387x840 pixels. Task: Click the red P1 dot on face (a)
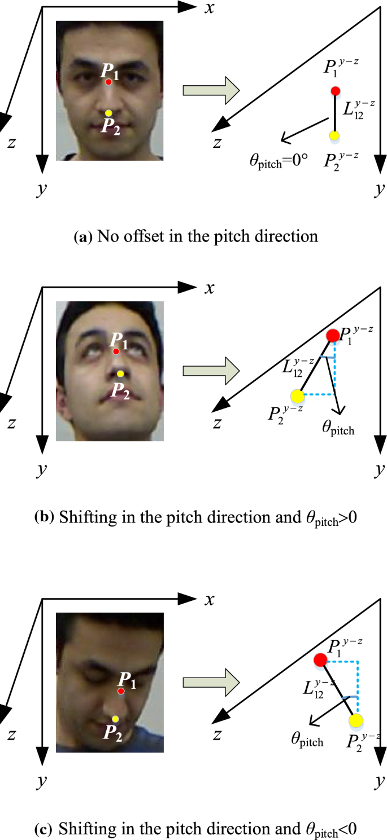pyautogui.click(x=108, y=82)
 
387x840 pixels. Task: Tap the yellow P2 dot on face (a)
pyautogui.click(x=108, y=113)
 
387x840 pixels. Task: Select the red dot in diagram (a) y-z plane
pyautogui.click(x=336, y=91)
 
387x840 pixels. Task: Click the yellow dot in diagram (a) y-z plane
pyautogui.click(x=334, y=136)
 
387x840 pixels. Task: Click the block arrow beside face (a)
pyautogui.click(x=211, y=91)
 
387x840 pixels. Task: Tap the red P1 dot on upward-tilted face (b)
pyautogui.click(x=116, y=351)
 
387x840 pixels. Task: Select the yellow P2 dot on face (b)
pyautogui.click(x=120, y=373)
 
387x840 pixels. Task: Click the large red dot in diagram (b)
pyautogui.click(x=333, y=336)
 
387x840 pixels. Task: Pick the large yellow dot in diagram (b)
pyautogui.click(x=297, y=395)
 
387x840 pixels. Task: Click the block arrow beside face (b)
pyautogui.click(x=211, y=371)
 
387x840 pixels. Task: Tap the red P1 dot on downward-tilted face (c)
pyautogui.click(x=121, y=691)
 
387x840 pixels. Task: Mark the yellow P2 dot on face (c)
pyautogui.click(x=115, y=719)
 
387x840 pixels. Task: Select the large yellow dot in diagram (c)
pyautogui.click(x=356, y=720)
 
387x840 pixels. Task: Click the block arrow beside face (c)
pyautogui.click(x=211, y=680)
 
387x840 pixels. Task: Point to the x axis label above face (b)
pyautogui.click(x=210, y=288)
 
